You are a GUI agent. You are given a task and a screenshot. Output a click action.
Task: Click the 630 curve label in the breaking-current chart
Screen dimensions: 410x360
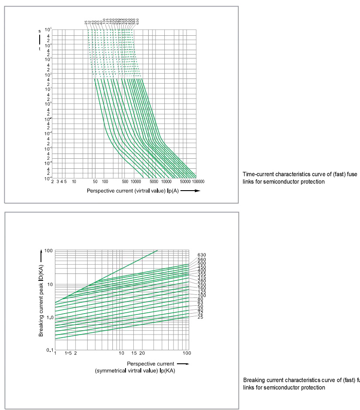(201, 255)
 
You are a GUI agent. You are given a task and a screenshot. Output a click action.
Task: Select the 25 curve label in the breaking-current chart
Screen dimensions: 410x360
(200, 317)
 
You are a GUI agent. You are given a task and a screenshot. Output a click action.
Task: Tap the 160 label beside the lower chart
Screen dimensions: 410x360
(201, 288)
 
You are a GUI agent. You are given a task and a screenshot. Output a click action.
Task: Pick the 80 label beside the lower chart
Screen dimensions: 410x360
(200, 299)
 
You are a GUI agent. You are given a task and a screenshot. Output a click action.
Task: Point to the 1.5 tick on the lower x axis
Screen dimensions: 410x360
(68, 353)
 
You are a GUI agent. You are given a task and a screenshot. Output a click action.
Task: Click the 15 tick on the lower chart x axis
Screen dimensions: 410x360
(134, 353)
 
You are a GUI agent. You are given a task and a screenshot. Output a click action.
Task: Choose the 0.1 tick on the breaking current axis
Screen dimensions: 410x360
(49, 350)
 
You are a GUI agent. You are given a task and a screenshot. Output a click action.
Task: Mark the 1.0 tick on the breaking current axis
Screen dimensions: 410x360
(48, 317)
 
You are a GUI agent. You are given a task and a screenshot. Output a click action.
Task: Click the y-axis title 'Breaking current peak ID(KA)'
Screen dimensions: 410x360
(41, 301)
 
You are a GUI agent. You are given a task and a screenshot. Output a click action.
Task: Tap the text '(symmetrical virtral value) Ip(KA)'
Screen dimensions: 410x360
(136, 370)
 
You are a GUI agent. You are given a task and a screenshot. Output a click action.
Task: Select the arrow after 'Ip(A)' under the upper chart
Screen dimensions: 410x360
(191, 191)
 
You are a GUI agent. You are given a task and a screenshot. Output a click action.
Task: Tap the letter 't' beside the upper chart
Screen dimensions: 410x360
(39, 49)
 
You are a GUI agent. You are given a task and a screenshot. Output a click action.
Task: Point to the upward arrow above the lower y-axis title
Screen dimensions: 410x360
(41, 253)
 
